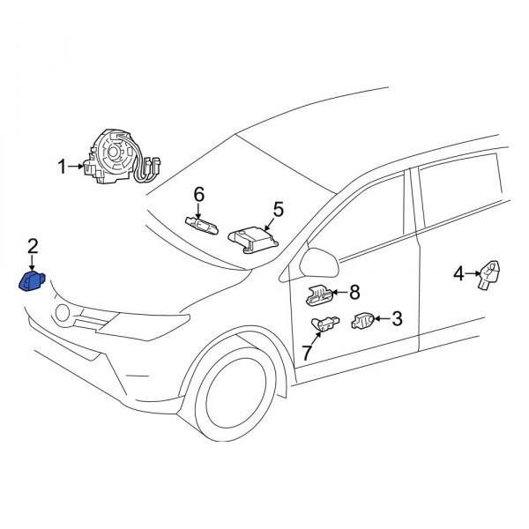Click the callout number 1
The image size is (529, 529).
tap(63, 166)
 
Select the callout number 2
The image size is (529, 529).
tap(33, 246)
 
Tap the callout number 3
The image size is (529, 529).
tap(397, 319)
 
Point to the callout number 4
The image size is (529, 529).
tap(458, 274)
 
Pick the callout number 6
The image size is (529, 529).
tap(199, 194)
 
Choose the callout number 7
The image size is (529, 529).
tap(307, 353)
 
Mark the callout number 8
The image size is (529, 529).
tap(354, 291)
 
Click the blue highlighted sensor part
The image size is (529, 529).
tap(34, 281)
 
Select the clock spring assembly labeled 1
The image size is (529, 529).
tap(115, 156)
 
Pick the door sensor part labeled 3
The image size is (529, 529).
tap(363, 323)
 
